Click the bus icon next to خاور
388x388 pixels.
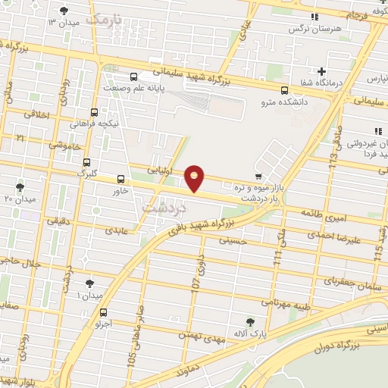(x=120, y=180)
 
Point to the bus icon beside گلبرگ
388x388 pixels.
(x=86, y=162)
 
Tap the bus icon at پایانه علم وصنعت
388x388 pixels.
(x=134, y=76)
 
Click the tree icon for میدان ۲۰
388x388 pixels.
(x=20, y=186)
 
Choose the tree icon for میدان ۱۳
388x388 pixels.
(x=63, y=11)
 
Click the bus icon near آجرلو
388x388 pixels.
(x=103, y=312)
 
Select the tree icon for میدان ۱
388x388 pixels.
(x=89, y=283)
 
